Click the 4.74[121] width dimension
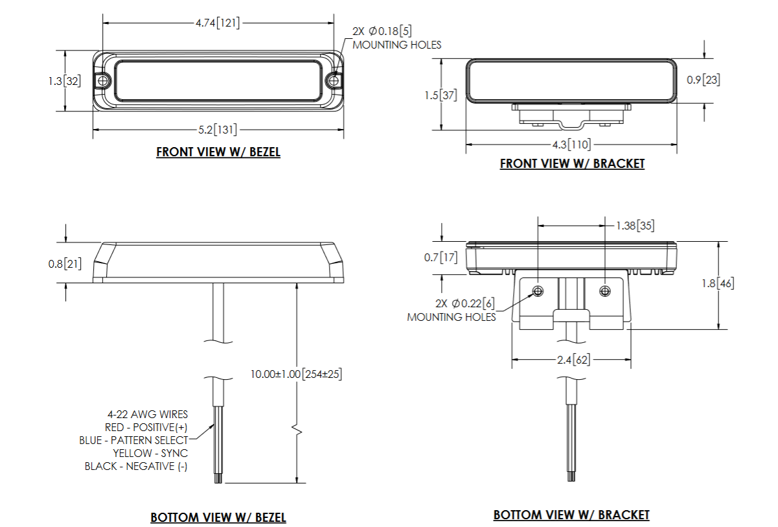coord(218,23)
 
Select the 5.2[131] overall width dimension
coord(218,130)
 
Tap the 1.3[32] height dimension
coord(64,81)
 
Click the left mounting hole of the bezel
coord(102,81)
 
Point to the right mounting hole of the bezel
coord(334,81)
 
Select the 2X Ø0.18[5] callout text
coord(382,31)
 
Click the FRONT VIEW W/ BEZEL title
coord(218,152)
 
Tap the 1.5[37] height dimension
coord(440,95)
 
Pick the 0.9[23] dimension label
coord(704,80)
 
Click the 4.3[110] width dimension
coord(571,145)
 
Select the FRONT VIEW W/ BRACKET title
coord(572,164)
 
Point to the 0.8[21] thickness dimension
coord(65,264)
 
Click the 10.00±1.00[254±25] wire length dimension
coord(297,374)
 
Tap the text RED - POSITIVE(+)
coord(146,427)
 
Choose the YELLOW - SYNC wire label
coord(150,453)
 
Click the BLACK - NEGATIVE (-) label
coord(136,466)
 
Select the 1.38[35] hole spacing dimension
coord(634,226)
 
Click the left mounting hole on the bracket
coord(538,290)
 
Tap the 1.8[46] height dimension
coord(718,283)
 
